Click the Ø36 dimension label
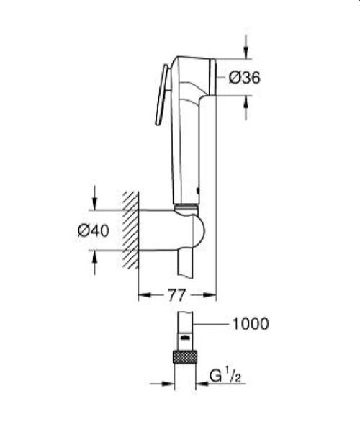pyautogui.click(x=245, y=78)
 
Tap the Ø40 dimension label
pyautogui.click(x=93, y=230)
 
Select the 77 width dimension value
pyautogui.click(x=177, y=294)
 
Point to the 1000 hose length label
pyautogui.click(x=250, y=324)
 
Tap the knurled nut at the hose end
pyautogui.click(x=185, y=358)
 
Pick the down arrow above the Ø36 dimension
pyautogui.click(x=246, y=51)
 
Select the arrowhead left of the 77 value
pyautogui.click(x=144, y=294)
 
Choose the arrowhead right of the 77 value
pyautogui.click(x=210, y=294)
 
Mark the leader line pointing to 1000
pyautogui.click(x=212, y=324)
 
